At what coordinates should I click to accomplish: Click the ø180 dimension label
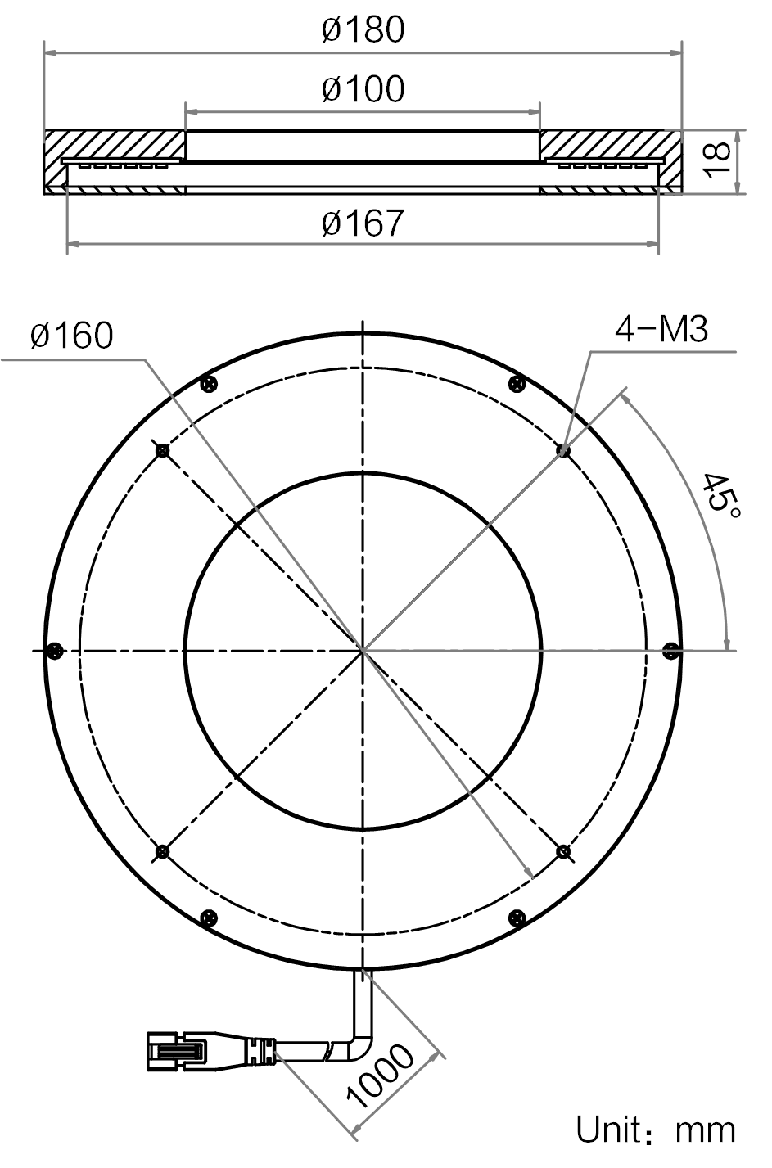pyautogui.click(x=363, y=29)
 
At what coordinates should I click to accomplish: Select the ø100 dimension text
pyautogui.click(x=363, y=88)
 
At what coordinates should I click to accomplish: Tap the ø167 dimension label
pyautogui.click(x=363, y=223)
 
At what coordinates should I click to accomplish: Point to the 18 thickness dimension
pyautogui.click(x=716, y=161)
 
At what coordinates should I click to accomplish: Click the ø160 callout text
pyautogui.click(x=71, y=335)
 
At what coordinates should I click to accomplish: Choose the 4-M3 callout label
pyautogui.click(x=661, y=330)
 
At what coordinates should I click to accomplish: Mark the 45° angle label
pyautogui.click(x=720, y=496)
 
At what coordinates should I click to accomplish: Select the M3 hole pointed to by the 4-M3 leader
pyautogui.click(x=562, y=450)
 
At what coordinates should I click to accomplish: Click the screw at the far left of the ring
pyautogui.click(x=54, y=651)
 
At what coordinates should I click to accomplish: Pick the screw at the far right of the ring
pyautogui.click(x=671, y=651)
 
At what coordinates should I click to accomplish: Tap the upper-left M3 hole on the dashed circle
pyautogui.click(x=163, y=450)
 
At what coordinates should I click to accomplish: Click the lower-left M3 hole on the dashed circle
pyautogui.click(x=163, y=852)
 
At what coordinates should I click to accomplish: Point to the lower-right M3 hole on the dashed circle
pyautogui.click(x=562, y=852)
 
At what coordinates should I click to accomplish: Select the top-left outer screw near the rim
pyautogui.click(x=209, y=385)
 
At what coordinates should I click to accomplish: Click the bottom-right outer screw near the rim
pyautogui.click(x=517, y=918)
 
